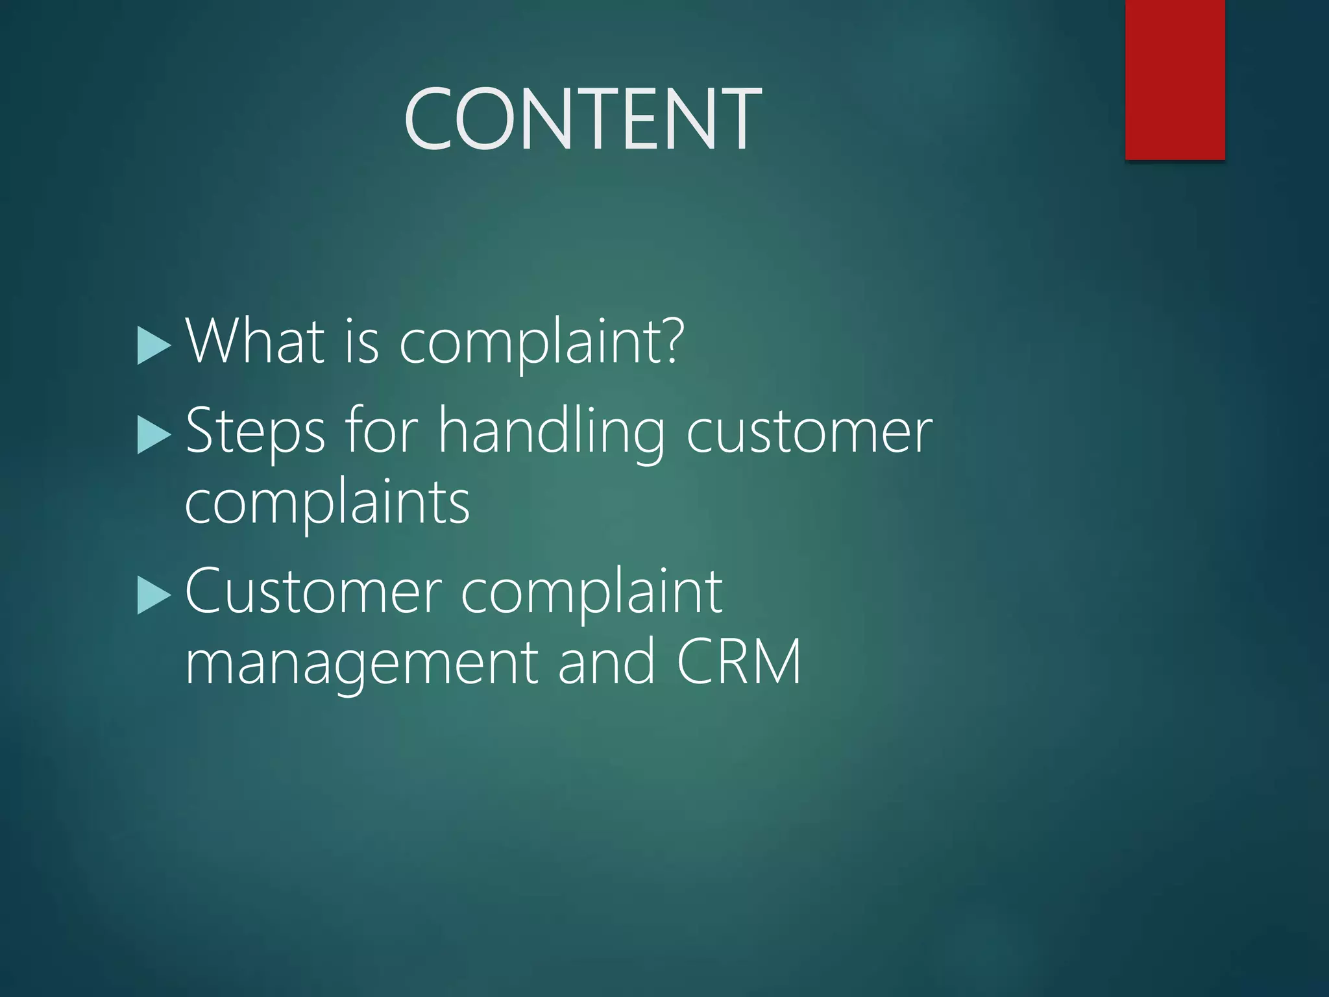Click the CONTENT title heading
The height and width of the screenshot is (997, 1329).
pos(582,119)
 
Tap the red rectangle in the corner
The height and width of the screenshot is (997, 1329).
pos(1175,79)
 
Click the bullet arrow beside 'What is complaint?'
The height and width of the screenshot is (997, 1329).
pos(154,345)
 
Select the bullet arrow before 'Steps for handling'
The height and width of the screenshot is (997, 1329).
pos(154,435)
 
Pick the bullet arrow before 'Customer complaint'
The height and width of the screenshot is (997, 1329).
pos(154,595)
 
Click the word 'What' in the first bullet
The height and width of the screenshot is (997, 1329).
pos(254,341)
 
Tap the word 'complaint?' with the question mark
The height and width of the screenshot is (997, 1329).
pos(541,344)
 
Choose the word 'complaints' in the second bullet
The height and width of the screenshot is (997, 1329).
pos(327,504)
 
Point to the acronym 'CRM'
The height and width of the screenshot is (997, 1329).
pos(738,662)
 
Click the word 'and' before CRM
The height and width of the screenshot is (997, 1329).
pos(606,662)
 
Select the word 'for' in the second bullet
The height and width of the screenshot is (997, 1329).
pos(382,430)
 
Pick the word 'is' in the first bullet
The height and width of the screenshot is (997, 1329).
pos(361,341)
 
